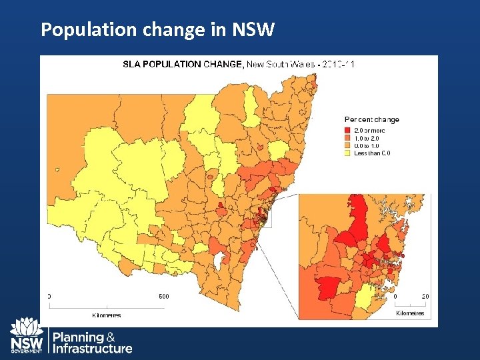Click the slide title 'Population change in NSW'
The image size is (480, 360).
click(157, 29)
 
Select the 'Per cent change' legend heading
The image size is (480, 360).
click(371, 120)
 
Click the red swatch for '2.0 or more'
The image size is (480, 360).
click(347, 130)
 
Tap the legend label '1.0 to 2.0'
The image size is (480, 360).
click(368, 138)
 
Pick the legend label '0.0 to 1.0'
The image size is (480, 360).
click(368, 145)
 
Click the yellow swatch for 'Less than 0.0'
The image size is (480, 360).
click(347, 153)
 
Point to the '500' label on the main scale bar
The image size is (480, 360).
click(163, 297)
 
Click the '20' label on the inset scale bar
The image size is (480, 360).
click(425, 297)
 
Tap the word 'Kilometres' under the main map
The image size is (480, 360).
click(106, 315)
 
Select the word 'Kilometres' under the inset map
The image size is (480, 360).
click(409, 313)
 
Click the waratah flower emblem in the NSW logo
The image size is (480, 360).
click(27, 327)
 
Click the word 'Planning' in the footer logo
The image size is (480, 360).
click(78, 337)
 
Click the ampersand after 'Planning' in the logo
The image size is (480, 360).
click(111, 337)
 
